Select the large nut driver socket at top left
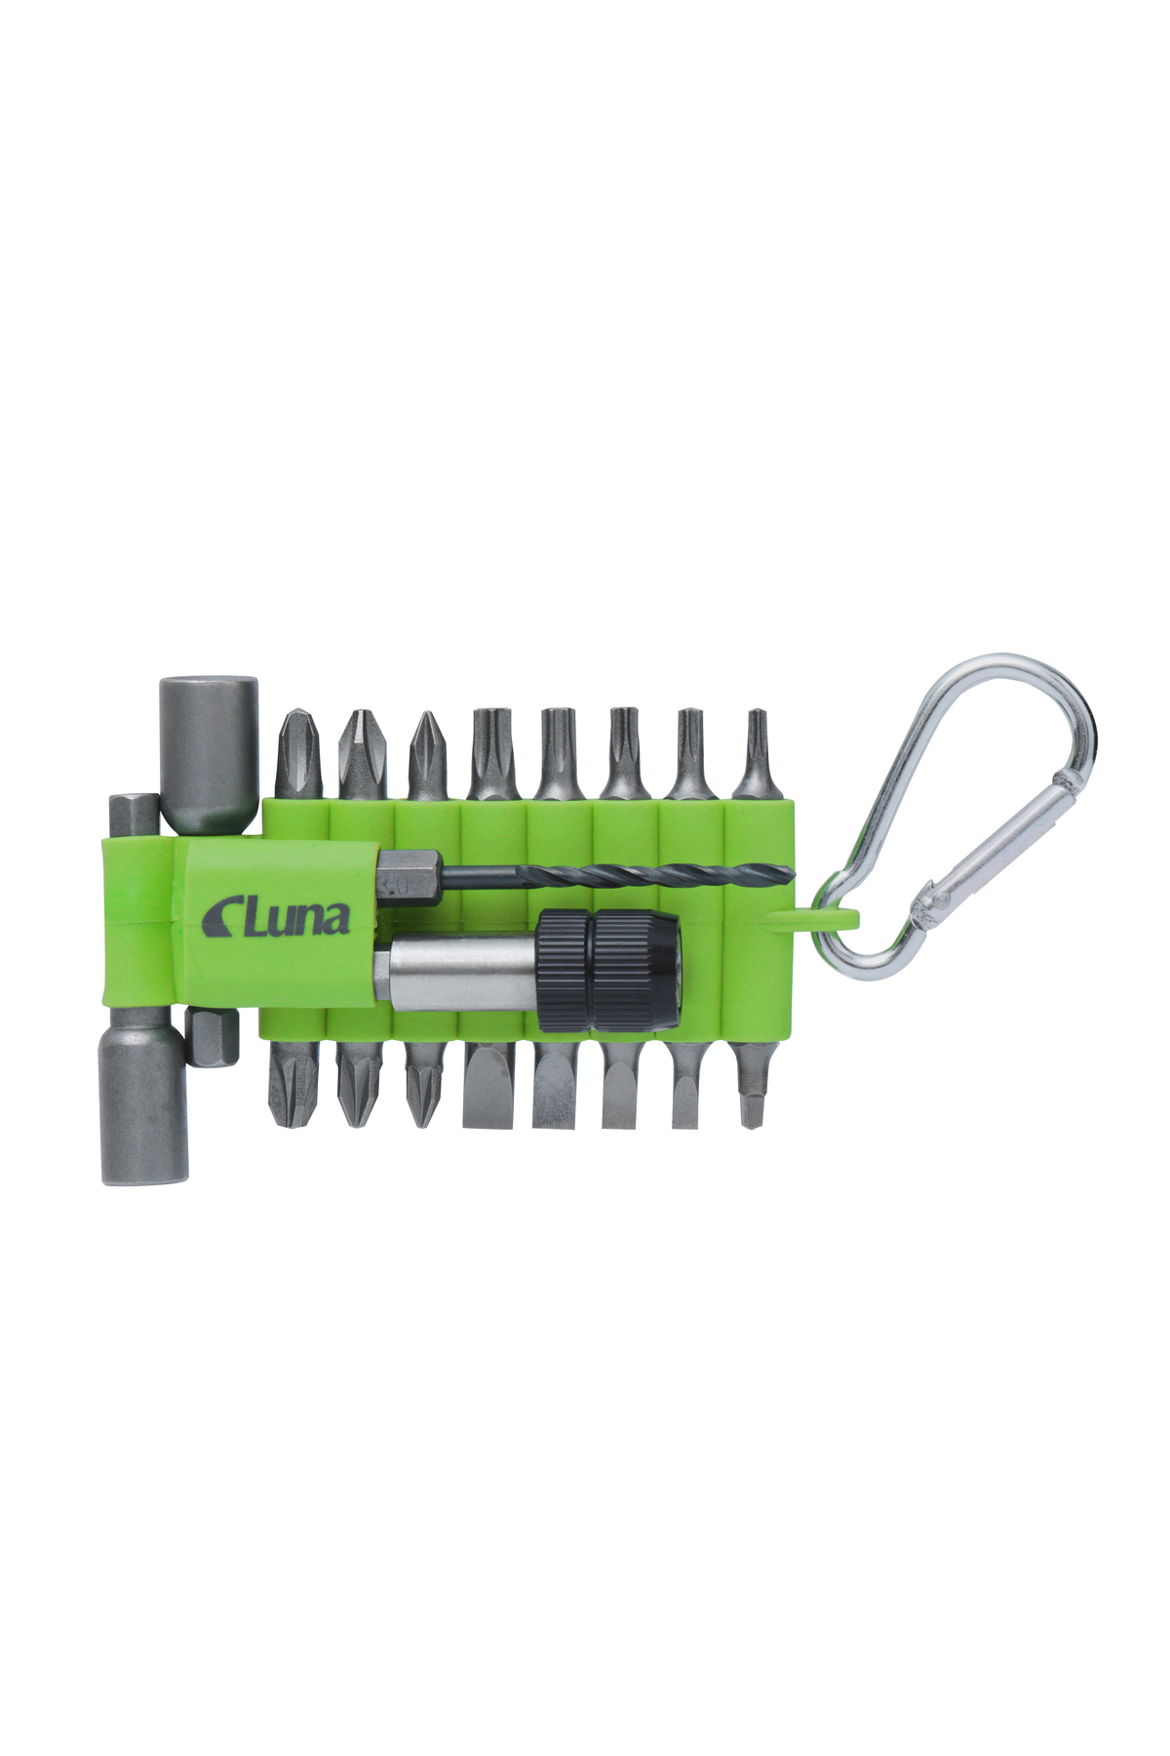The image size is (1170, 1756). tap(209, 755)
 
